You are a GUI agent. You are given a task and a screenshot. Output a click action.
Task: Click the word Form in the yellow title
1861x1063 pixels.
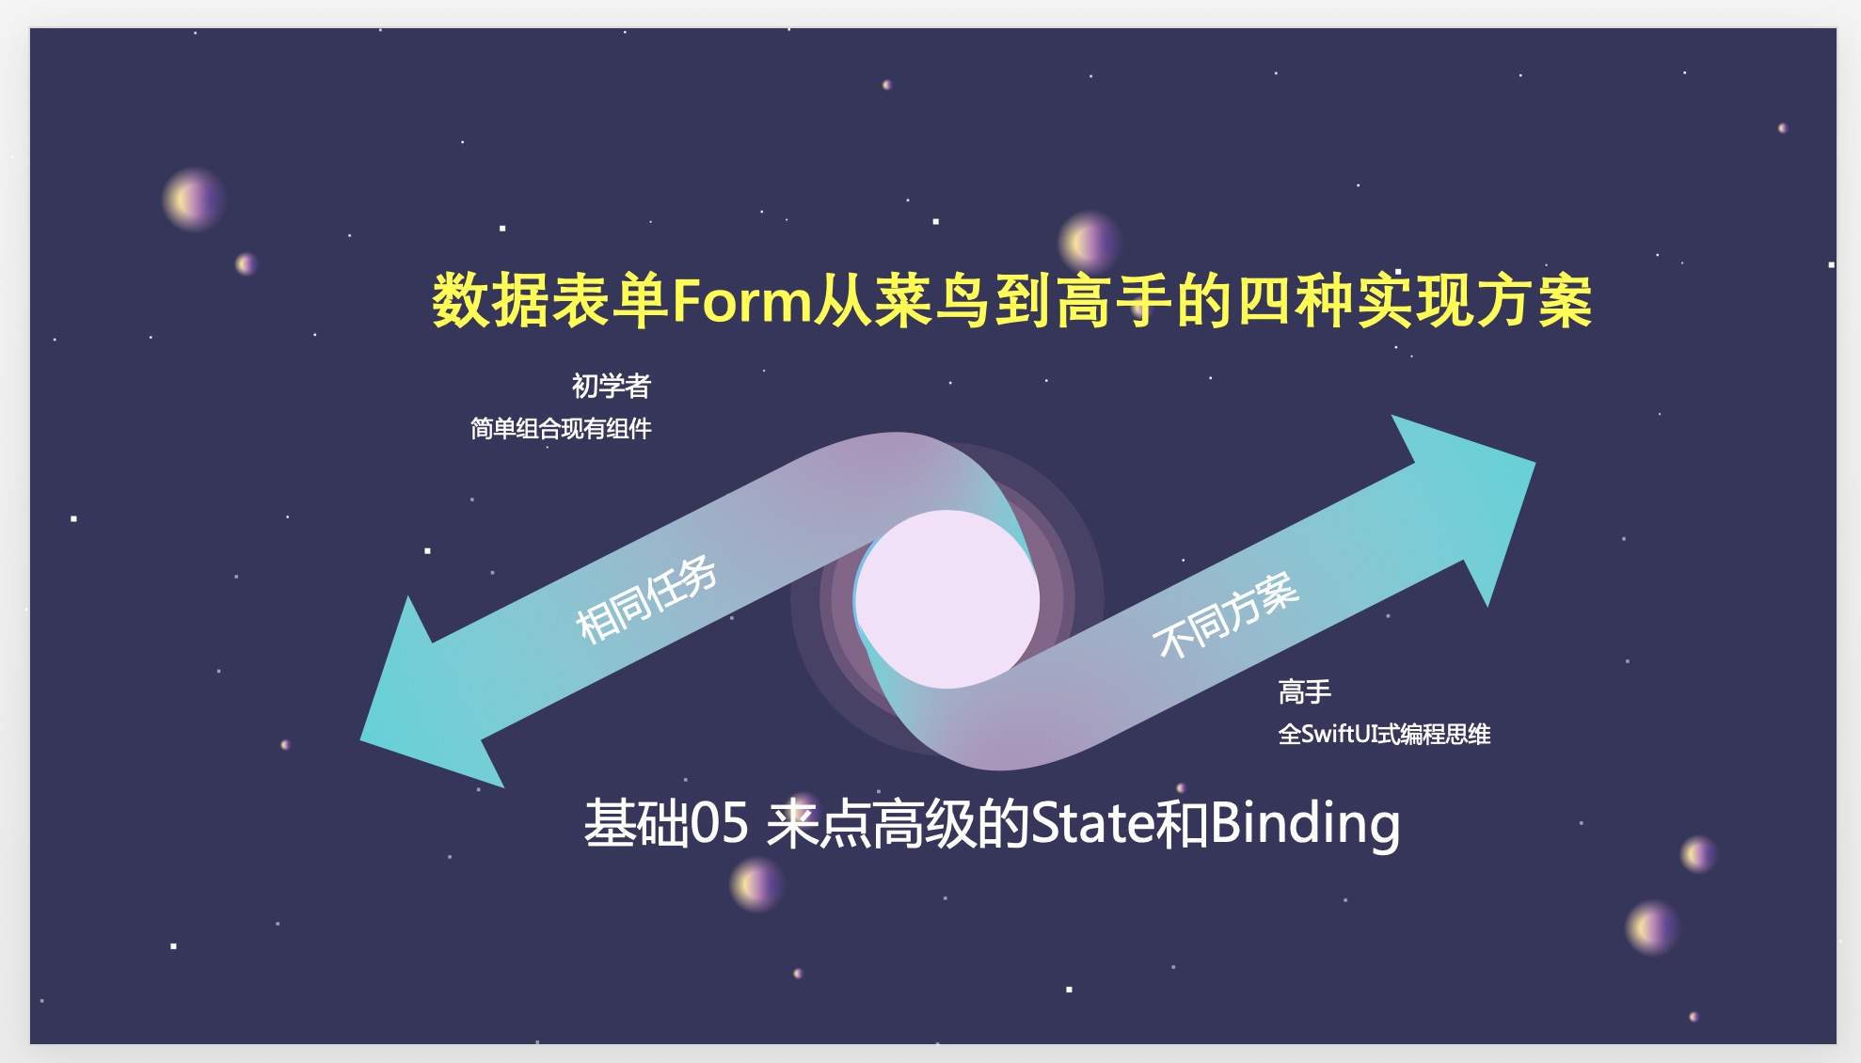click(741, 301)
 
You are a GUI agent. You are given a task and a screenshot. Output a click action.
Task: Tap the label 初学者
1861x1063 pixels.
click(611, 386)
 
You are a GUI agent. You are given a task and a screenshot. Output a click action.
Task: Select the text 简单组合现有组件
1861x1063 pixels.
click(561, 429)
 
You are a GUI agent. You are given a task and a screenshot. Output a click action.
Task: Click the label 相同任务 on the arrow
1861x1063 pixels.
click(646, 599)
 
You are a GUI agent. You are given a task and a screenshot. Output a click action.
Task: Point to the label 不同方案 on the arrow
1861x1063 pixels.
click(1226, 615)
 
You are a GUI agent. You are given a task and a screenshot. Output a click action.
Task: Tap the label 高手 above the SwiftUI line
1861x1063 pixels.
click(1305, 692)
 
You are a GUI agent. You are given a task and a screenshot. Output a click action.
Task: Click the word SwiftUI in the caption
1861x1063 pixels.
click(1336, 734)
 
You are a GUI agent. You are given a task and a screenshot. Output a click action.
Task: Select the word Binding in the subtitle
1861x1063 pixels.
click(1305, 825)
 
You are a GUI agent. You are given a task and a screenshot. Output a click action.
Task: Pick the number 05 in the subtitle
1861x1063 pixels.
click(720, 824)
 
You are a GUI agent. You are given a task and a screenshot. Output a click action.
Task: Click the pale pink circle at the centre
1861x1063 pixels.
click(946, 599)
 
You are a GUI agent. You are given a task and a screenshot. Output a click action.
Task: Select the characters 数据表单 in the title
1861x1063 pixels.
click(550, 301)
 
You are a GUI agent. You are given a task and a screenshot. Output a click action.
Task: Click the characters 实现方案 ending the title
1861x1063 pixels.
click(1474, 301)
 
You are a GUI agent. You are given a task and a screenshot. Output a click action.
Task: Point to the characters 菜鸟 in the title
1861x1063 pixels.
click(932, 301)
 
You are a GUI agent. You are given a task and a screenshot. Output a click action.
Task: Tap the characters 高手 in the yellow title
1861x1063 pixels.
click(1114, 301)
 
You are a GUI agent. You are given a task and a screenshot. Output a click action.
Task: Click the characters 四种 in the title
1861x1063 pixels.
click(1295, 301)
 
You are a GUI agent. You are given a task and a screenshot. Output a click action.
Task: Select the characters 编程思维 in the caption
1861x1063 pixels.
click(1444, 734)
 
